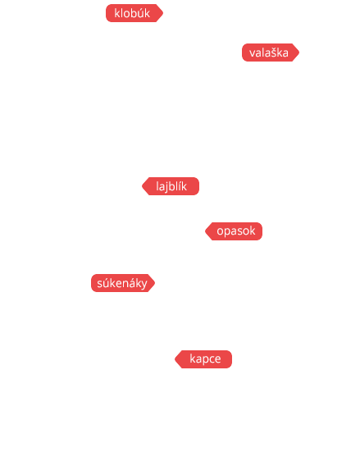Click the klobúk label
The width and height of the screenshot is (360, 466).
(x=134, y=13)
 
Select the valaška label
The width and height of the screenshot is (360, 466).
(x=271, y=53)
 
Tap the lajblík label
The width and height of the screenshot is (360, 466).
(x=171, y=186)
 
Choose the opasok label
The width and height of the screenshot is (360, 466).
(x=234, y=231)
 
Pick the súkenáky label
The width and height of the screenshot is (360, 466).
(x=123, y=283)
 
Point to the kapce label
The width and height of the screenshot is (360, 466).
(x=203, y=359)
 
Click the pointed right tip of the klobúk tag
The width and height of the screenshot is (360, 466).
(x=163, y=13)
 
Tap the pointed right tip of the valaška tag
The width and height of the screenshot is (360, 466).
(x=299, y=53)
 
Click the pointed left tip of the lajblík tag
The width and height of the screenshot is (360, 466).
(x=142, y=186)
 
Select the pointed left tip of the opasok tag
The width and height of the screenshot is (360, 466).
(x=205, y=231)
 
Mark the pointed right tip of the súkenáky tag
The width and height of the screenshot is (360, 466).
(x=155, y=283)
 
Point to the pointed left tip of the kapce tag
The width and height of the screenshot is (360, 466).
(x=175, y=359)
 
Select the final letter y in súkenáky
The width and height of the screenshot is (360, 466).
(x=144, y=285)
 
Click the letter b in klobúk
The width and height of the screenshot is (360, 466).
(x=133, y=13)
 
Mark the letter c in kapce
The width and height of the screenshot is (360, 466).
(x=212, y=359)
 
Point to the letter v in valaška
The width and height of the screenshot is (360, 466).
(x=253, y=53)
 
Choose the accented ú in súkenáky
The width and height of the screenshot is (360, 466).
(x=107, y=283)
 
